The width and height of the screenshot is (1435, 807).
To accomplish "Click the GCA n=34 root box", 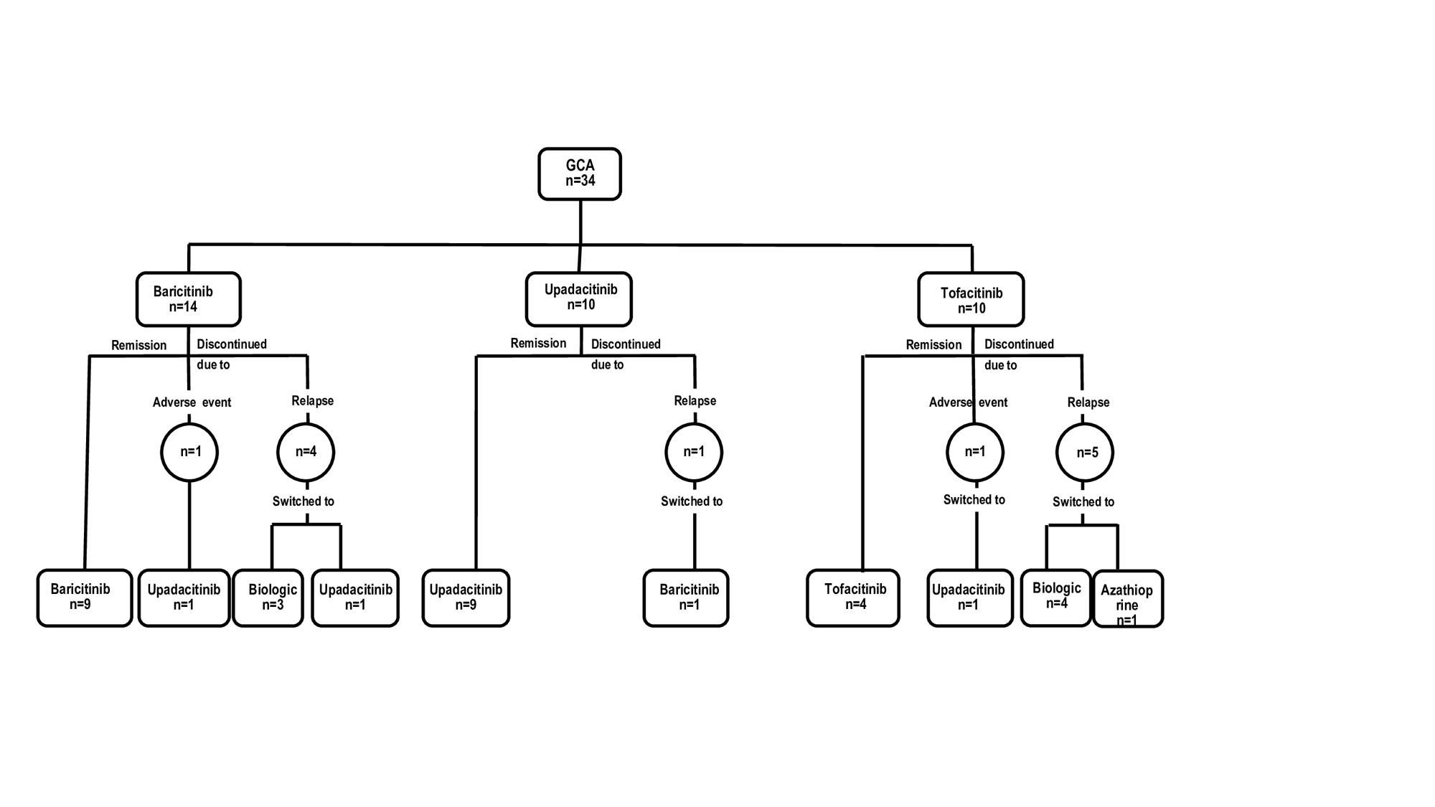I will [x=580, y=174].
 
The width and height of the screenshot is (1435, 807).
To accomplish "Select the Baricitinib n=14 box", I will [x=188, y=299].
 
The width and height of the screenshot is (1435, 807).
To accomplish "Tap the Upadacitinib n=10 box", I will [x=578, y=298].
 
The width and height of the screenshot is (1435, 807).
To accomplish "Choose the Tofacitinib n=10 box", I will [x=971, y=300].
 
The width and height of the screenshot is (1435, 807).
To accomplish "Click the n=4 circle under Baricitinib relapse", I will [x=306, y=452].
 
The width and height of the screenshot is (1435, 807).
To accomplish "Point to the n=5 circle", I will [x=1085, y=453].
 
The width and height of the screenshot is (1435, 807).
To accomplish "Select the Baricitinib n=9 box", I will [x=85, y=598].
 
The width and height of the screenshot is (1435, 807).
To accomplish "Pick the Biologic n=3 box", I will [x=268, y=598].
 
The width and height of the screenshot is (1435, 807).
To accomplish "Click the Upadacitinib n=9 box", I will [x=466, y=598].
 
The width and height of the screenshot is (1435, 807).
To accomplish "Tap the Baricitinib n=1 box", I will [x=686, y=598].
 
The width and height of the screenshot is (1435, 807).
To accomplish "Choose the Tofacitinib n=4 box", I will [x=852, y=598].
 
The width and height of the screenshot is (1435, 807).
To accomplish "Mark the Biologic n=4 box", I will [x=1055, y=597].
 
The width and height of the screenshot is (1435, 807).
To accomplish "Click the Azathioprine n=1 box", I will [x=1127, y=599].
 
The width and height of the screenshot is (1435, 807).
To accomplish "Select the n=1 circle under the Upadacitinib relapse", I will [x=694, y=452].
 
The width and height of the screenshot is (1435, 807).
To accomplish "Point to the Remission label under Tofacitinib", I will [x=933, y=345].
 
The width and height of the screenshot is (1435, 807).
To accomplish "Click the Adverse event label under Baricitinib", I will [x=192, y=402].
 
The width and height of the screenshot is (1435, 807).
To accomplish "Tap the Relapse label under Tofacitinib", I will [x=1088, y=402].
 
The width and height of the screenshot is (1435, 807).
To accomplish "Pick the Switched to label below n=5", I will [x=1083, y=502].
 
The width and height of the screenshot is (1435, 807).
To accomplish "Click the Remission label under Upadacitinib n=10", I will [x=538, y=344].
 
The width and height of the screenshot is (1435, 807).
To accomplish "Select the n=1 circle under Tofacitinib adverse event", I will [x=974, y=452].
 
